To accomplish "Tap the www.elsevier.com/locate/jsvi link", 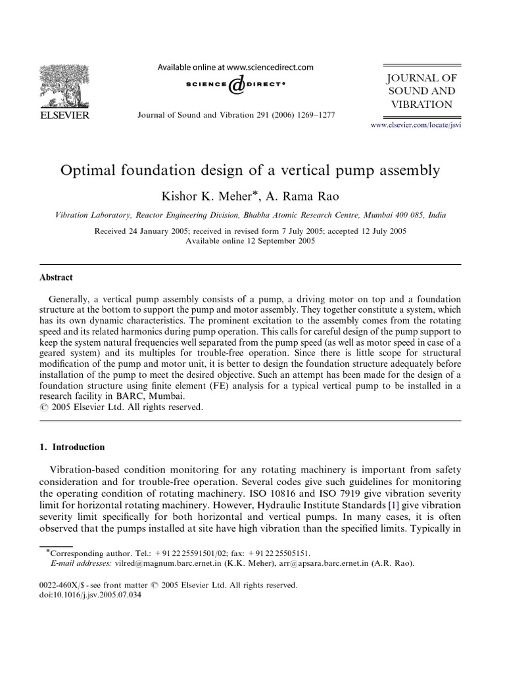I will [x=416, y=124].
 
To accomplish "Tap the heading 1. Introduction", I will [x=72, y=448].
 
